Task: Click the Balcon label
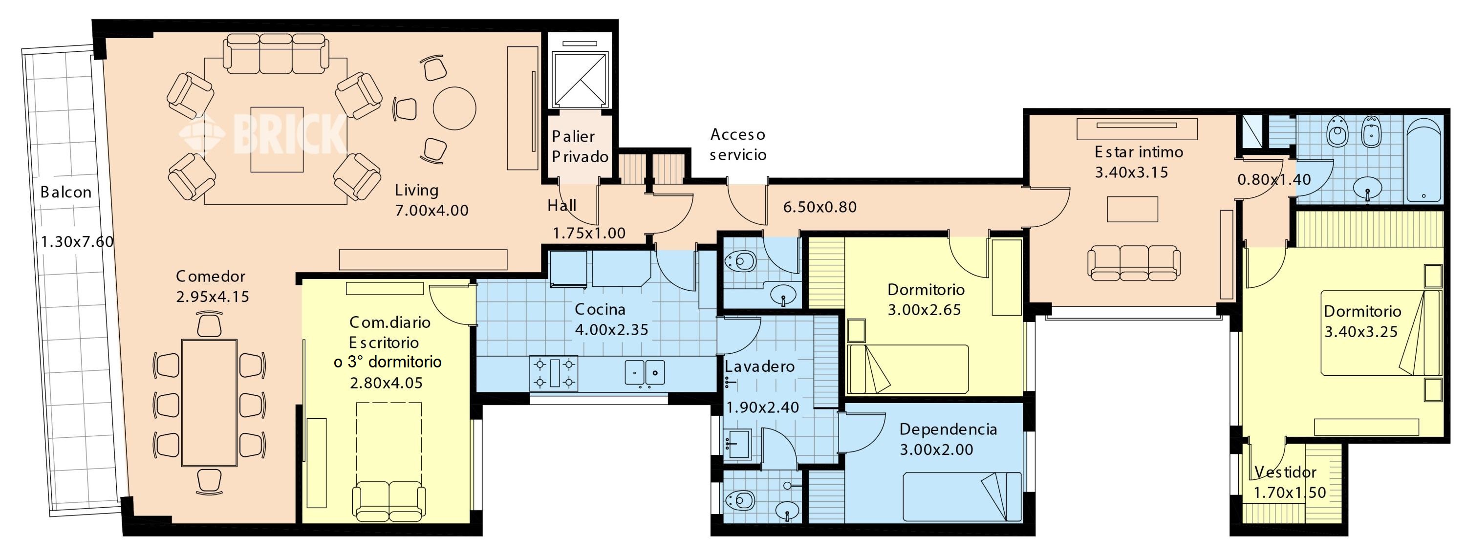tap(66, 193)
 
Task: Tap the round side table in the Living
tap(454, 108)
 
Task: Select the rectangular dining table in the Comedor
tap(209, 404)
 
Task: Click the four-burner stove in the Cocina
tap(554, 373)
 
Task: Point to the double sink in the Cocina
tap(645, 373)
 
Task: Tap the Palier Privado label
tap(580, 147)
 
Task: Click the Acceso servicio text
tap(738, 145)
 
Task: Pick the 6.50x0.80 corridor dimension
tap(819, 207)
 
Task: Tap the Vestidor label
tap(1285, 472)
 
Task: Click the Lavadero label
tap(759, 366)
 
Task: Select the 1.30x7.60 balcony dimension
tap(77, 242)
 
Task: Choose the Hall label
tap(561, 205)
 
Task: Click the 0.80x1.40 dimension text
tap(1273, 180)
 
